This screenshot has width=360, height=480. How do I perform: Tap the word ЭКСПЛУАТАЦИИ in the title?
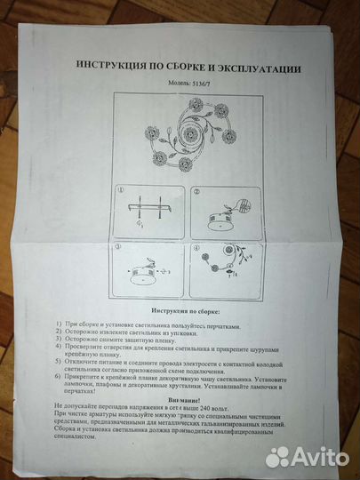pos(259,68)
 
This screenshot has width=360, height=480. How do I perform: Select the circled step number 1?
pos(120,190)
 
